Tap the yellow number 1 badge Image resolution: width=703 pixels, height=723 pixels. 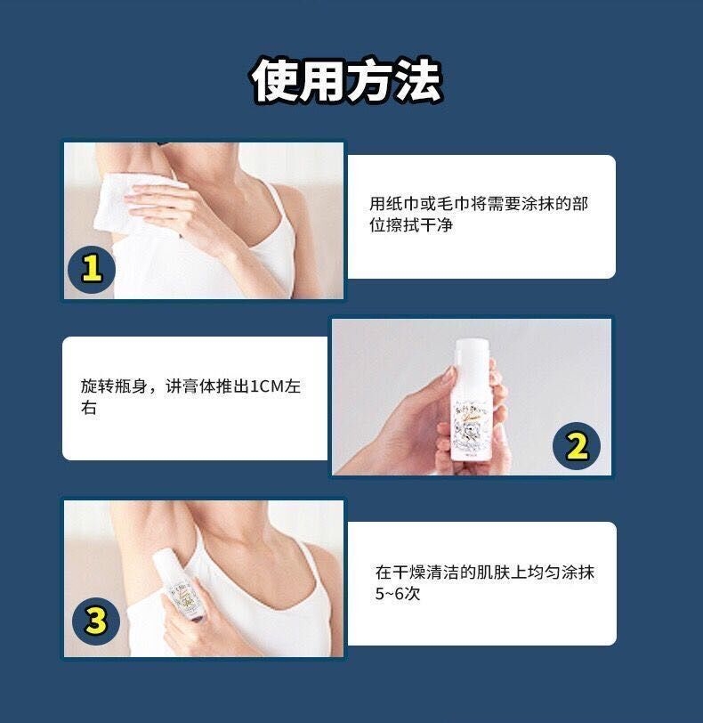tap(92, 267)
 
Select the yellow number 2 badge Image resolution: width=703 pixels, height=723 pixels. tap(577, 446)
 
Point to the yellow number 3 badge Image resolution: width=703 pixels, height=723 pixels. tap(95, 620)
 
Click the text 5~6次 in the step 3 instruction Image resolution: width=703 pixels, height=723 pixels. tap(397, 594)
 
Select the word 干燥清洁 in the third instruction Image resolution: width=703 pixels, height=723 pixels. tap(427, 573)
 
